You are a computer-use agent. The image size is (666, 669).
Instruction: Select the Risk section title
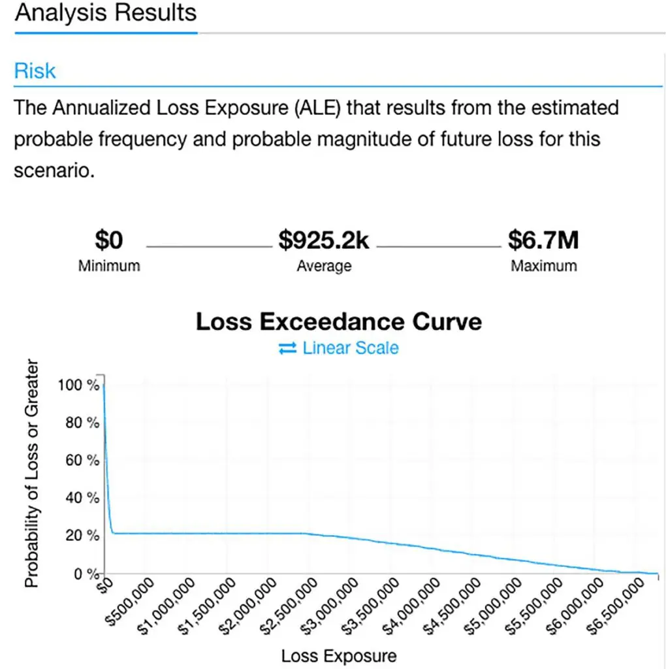click(35, 71)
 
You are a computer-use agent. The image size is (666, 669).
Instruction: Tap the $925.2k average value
click(324, 241)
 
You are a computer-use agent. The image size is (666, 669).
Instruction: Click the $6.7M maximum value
click(543, 241)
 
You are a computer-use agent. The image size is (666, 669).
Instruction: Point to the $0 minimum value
click(108, 241)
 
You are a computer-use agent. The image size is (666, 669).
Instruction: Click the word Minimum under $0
click(109, 266)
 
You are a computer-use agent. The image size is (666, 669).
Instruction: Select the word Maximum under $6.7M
click(544, 266)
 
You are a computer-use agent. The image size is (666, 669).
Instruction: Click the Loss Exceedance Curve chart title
click(339, 321)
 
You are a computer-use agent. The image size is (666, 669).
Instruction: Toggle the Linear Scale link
click(350, 348)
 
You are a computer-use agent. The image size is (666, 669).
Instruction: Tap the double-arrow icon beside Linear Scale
click(287, 349)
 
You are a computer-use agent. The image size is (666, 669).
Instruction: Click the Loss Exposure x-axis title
click(338, 655)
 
